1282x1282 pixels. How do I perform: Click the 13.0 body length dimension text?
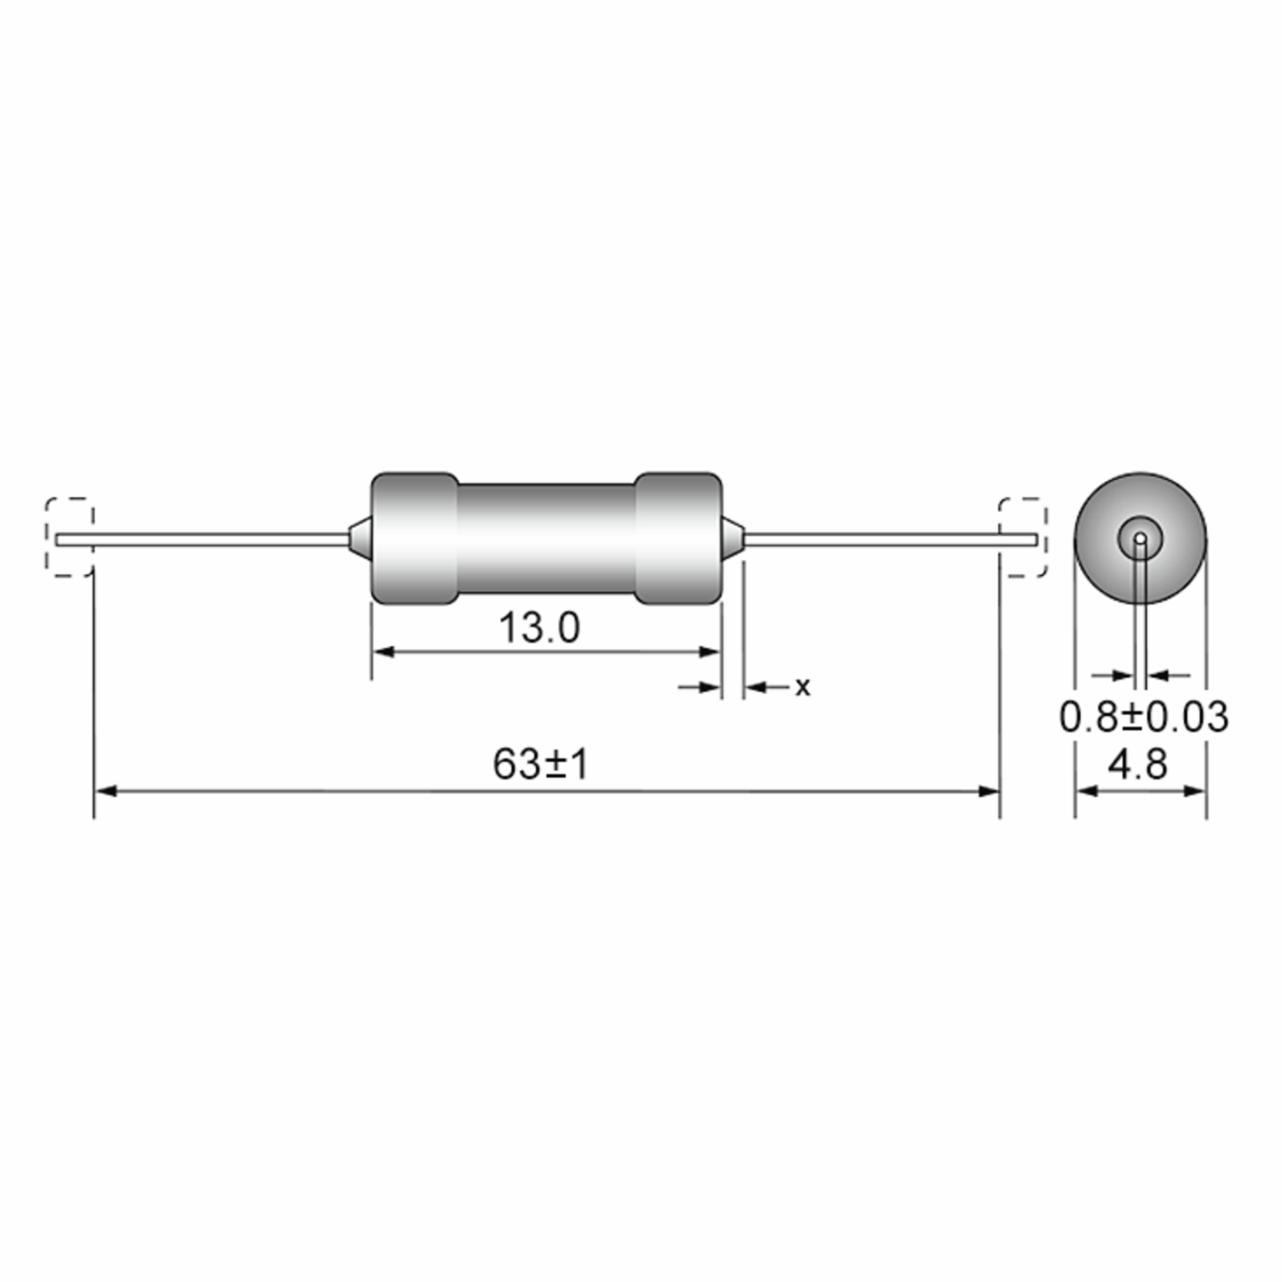point(539,628)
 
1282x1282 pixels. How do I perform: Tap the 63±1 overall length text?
point(540,764)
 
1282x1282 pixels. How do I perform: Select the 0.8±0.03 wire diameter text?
point(1143,717)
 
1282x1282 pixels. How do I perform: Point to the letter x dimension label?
point(803,687)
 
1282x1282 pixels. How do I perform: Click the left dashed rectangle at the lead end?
point(69,537)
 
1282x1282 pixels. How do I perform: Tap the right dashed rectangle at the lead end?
point(1023,537)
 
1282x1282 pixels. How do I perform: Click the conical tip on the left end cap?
point(358,539)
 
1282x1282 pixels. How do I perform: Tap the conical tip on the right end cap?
point(734,539)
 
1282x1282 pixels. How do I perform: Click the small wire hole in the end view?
point(1140,537)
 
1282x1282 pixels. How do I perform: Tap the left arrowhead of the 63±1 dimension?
point(106,791)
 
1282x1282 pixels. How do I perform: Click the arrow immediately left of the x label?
point(756,687)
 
